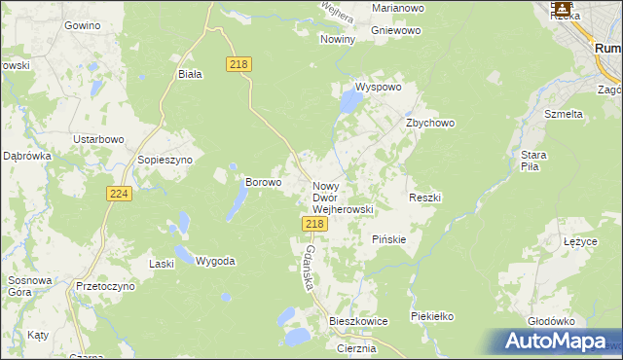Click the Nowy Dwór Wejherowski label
point(342,197)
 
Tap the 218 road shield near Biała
point(239,64)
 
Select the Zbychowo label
point(430,124)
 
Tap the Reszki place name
point(425,198)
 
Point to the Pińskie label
point(389,238)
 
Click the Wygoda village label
point(215,261)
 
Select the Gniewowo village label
point(397,30)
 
